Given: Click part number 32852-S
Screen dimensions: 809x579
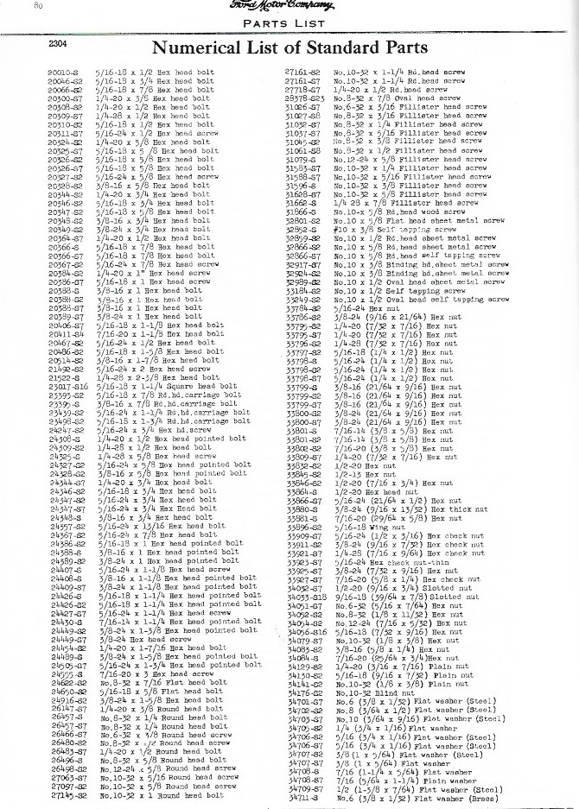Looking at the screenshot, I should click(x=302, y=231).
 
